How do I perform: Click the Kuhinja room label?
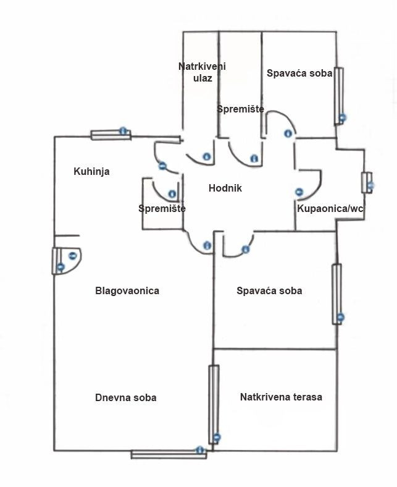pyautogui.click(x=91, y=171)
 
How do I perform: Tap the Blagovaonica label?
pyautogui.click(x=127, y=290)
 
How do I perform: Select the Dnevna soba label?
pyautogui.click(x=125, y=397)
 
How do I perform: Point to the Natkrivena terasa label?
pyautogui.click(x=281, y=397)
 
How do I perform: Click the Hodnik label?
pyautogui.click(x=225, y=188)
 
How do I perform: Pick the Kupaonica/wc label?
pyautogui.click(x=330, y=209)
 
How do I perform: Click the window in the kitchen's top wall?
pyautogui.click(x=111, y=134)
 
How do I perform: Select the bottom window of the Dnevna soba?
pyautogui.click(x=168, y=454)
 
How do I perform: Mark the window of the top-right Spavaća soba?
pyautogui.click(x=338, y=96)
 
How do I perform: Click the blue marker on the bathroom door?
pyautogui.click(x=299, y=192)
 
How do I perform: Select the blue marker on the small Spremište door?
pyautogui.click(x=172, y=194)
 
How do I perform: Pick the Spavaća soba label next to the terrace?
pyautogui.click(x=269, y=290)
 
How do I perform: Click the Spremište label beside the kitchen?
pyautogui.click(x=162, y=209)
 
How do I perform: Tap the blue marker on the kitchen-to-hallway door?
pyautogui.click(x=162, y=166)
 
